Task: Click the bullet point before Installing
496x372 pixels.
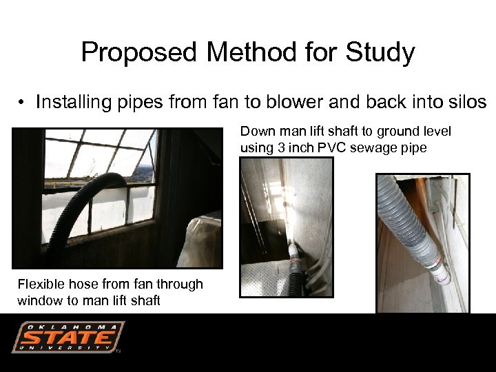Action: (x=23, y=103)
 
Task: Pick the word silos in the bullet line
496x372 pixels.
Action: (x=465, y=103)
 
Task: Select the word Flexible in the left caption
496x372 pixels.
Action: (x=40, y=284)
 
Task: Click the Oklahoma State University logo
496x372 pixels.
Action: (x=68, y=338)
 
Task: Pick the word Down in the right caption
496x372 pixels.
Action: (x=256, y=132)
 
